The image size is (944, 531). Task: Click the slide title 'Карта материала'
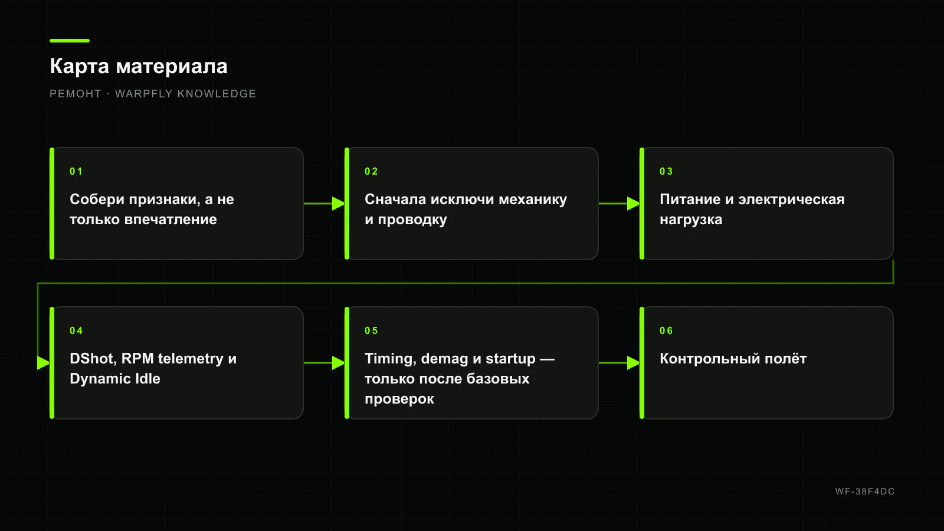coord(139,67)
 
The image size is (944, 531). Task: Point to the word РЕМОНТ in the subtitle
coord(76,94)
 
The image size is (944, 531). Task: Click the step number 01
coord(76,172)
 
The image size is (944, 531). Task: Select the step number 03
coord(666,172)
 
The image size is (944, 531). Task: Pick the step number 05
coord(371,331)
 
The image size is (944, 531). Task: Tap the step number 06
coord(666,331)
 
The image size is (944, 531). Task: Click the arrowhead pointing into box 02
coord(339,204)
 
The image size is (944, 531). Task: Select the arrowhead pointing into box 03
coord(634,204)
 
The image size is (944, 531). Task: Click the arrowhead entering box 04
coord(44,363)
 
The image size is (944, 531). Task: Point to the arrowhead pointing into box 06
coord(634,363)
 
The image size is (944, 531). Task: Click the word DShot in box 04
coord(93,359)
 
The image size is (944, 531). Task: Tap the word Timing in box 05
coord(391,359)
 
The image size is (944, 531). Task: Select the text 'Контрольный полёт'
coord(733,359)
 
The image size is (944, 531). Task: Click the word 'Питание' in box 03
coord(690,199)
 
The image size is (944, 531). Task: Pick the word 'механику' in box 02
coord(533,200)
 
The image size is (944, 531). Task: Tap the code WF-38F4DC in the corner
coord(865,491)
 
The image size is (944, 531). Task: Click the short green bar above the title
coord(70,41)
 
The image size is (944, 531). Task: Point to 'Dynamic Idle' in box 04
coord(115,379)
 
